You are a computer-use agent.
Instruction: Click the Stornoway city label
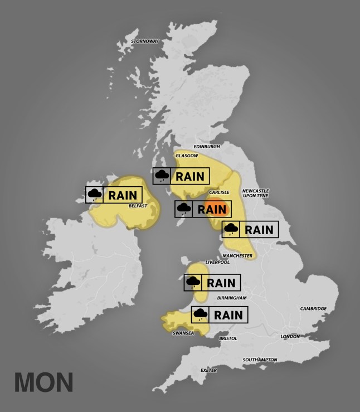144,41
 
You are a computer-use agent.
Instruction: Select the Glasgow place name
187,156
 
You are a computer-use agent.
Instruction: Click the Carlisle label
216,192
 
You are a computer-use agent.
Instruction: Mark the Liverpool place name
217,261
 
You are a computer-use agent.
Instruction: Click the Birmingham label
232,298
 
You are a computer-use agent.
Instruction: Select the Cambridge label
313,308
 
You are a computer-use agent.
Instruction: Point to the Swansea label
183,333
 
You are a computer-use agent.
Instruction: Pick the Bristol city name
228,338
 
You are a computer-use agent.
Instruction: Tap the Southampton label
260,360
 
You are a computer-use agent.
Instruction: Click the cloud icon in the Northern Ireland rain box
94,195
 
